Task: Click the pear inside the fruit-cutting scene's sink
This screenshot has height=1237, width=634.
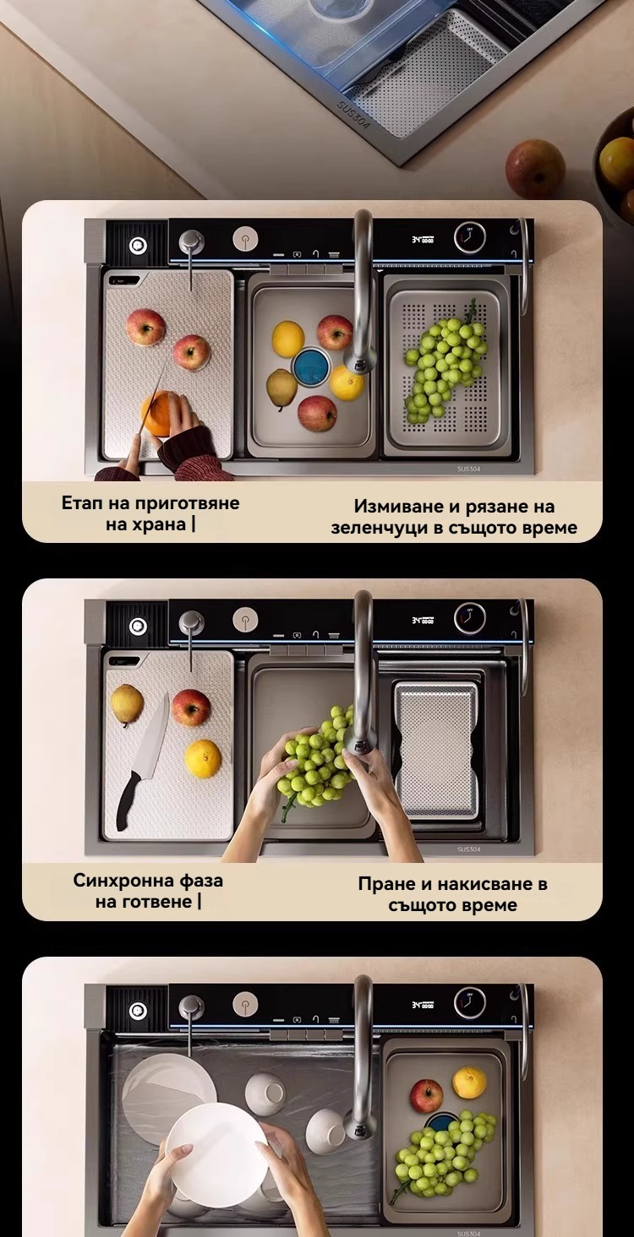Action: tap(281, 388)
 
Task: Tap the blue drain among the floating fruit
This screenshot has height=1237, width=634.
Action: tap(311, 366)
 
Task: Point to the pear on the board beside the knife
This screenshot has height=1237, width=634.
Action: tap(127, 705)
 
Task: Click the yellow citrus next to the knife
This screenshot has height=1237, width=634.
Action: tap(203, 759)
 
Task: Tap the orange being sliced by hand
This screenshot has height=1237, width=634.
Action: tap(161, 413)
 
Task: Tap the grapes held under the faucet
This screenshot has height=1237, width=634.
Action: tap(315, 757)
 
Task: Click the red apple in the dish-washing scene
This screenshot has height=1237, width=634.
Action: tap(426, 1095)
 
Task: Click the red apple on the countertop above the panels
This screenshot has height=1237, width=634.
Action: tap(535, 168)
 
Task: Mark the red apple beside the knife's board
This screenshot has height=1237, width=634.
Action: tap(191, 708)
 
